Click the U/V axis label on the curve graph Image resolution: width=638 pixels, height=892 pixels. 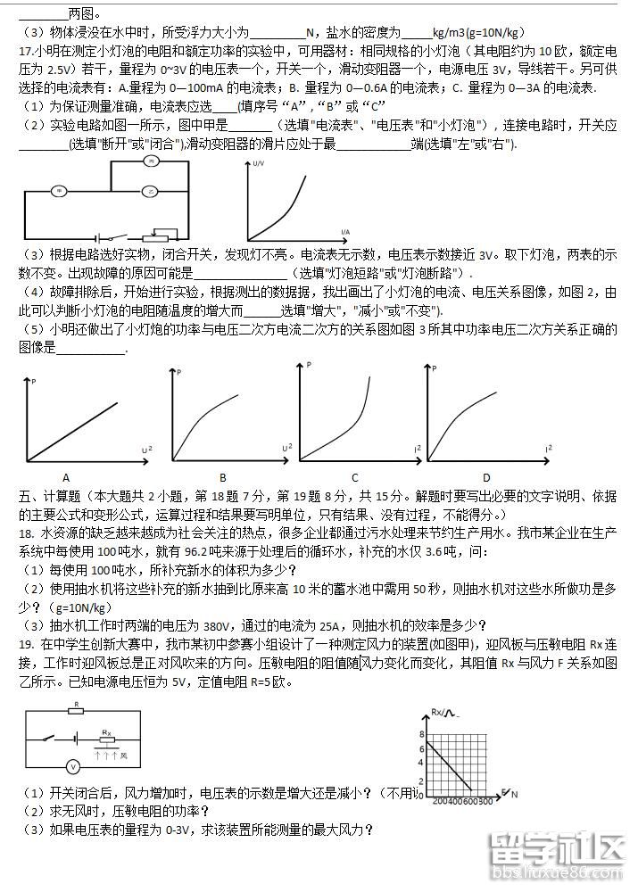[258, 164]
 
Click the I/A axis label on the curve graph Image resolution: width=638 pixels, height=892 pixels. [344, 231]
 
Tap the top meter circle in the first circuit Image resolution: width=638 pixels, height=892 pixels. [152, 161]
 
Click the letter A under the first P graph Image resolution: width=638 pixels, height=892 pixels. [66, 476]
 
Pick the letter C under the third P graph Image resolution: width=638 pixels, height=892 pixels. [354, 476]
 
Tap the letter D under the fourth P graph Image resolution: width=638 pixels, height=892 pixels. [486, 476]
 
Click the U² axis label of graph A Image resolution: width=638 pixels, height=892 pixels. [146, 448]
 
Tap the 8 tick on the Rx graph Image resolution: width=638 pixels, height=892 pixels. [422, 732]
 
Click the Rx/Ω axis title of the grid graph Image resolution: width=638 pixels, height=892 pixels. [443, 713]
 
